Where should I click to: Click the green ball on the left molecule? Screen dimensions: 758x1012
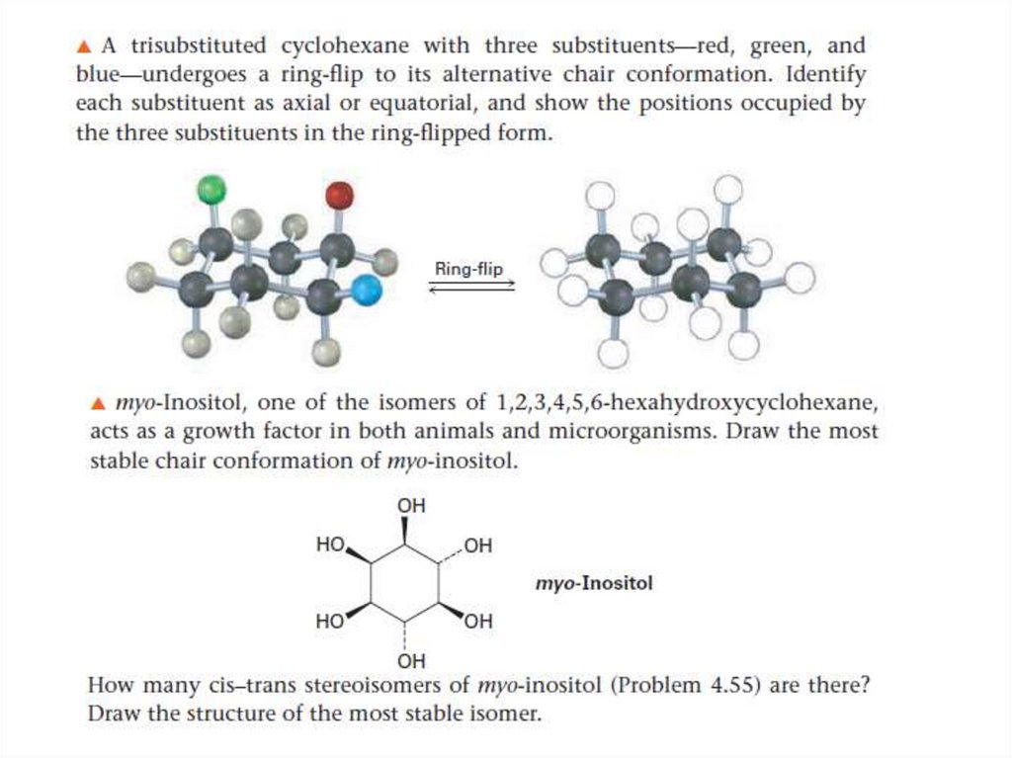tap(211, 188)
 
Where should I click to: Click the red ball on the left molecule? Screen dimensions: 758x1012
tap(339, 195)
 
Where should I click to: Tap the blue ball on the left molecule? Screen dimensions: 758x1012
tap(367, 291)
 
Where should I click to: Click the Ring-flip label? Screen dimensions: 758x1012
tap(468, 268)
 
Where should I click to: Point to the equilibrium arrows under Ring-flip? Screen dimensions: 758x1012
tap(471, 286)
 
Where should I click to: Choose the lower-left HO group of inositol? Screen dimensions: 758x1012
tap(329, 622)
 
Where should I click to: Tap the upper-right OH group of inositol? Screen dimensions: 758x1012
tap(478, 546)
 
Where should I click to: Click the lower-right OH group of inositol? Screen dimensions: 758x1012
tap(478, 622)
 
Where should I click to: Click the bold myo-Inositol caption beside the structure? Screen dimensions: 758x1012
tap(594, 583)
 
